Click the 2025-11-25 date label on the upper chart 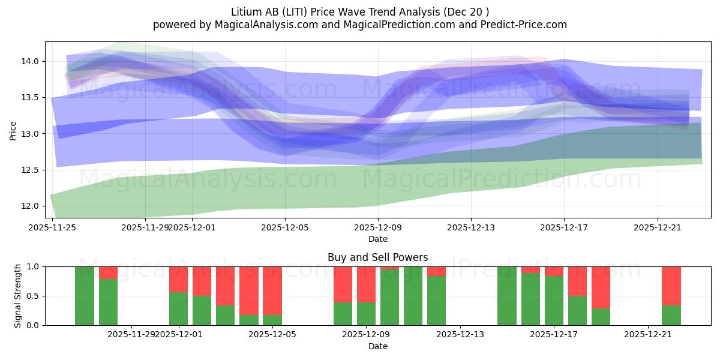click(x=53, y=227)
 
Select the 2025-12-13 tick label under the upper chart click(x=471, y=227)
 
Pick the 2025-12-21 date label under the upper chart click(x=657, y=227)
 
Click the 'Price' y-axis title click(x=13, y=130)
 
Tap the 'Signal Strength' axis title click(x=18, y=295)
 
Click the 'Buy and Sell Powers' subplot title click(x=377, y=257)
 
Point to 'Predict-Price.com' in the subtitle click(x=526, y=25)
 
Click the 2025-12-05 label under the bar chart click(x=272, y=334)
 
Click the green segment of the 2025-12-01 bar click(x=178, y=309)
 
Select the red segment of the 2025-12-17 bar click(x=554, y=271)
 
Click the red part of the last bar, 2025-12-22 click(x=671, y=286)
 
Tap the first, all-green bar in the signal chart click(x=85, y=296)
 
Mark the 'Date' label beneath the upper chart click(x=377, y=239)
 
